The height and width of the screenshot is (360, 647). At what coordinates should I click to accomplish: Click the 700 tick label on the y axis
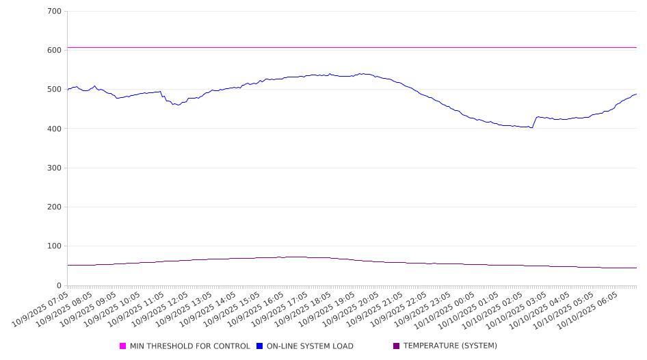(55, 12)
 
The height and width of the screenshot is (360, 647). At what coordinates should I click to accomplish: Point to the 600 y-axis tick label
(55, 51)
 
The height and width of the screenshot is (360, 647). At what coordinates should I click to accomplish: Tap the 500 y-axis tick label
(55, 90)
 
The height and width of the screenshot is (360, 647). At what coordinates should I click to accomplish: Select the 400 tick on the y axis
(55, 129)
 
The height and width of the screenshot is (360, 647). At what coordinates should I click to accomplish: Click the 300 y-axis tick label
(55, 168)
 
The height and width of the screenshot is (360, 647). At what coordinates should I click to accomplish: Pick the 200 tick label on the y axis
(55, 207)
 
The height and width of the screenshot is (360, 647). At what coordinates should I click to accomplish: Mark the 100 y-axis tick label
(55, 246)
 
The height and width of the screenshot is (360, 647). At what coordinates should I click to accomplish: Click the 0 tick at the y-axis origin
(59, 285)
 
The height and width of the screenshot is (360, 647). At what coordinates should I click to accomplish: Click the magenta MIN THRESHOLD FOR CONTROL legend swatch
(123, 346)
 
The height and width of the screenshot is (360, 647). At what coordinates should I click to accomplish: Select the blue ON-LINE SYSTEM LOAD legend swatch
(260, 346)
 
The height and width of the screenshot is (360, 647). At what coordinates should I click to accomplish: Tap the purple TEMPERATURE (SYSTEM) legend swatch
(397, 346)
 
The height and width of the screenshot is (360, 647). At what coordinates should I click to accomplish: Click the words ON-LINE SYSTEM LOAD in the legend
(310, 346)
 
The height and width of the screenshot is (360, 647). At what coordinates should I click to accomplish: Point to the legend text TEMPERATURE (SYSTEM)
(450, 346)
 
